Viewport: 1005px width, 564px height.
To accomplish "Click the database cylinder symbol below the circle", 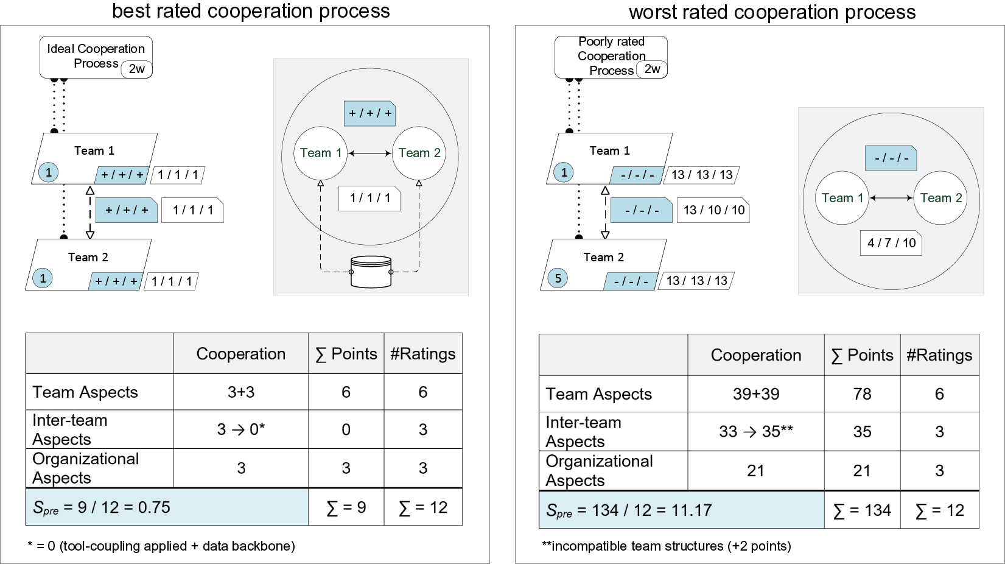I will click(x=371, y=272).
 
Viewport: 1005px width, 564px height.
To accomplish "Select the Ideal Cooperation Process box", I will click(x=96, y=57).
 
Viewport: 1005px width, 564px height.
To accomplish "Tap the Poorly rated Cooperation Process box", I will click(x=611, y=57).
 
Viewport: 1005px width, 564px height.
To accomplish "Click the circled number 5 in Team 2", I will click(x=558, y=278).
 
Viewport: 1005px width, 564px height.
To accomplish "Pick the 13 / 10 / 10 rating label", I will click(x=713, y=210).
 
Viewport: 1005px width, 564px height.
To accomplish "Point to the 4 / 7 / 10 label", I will click(x=891, y=243).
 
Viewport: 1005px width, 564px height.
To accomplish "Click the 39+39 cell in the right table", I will click(x=756, y=394).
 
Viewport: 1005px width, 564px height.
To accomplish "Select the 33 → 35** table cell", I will click(x=756, y=432).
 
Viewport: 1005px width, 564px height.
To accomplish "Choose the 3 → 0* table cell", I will click(x=241, y=429).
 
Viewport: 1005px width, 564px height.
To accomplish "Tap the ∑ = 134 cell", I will click(x=862, y=510).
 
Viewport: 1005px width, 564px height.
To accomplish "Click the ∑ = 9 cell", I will click(x=346, y=507).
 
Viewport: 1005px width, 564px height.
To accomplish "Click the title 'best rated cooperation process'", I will click(x=251, y=11).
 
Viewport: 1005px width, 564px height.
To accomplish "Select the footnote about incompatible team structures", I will click(x=667, y=546).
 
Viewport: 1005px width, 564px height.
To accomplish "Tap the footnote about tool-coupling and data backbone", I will click(x=161, y=546).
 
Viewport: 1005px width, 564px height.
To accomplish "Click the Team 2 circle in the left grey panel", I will click(x=419, y=153).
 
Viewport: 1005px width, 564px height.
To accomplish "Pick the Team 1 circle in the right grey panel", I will click(x=842, y=198).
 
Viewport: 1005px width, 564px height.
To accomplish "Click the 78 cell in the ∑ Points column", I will click(x=862, y=394).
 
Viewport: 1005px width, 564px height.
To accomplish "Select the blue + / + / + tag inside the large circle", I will click(x=369, y=114).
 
